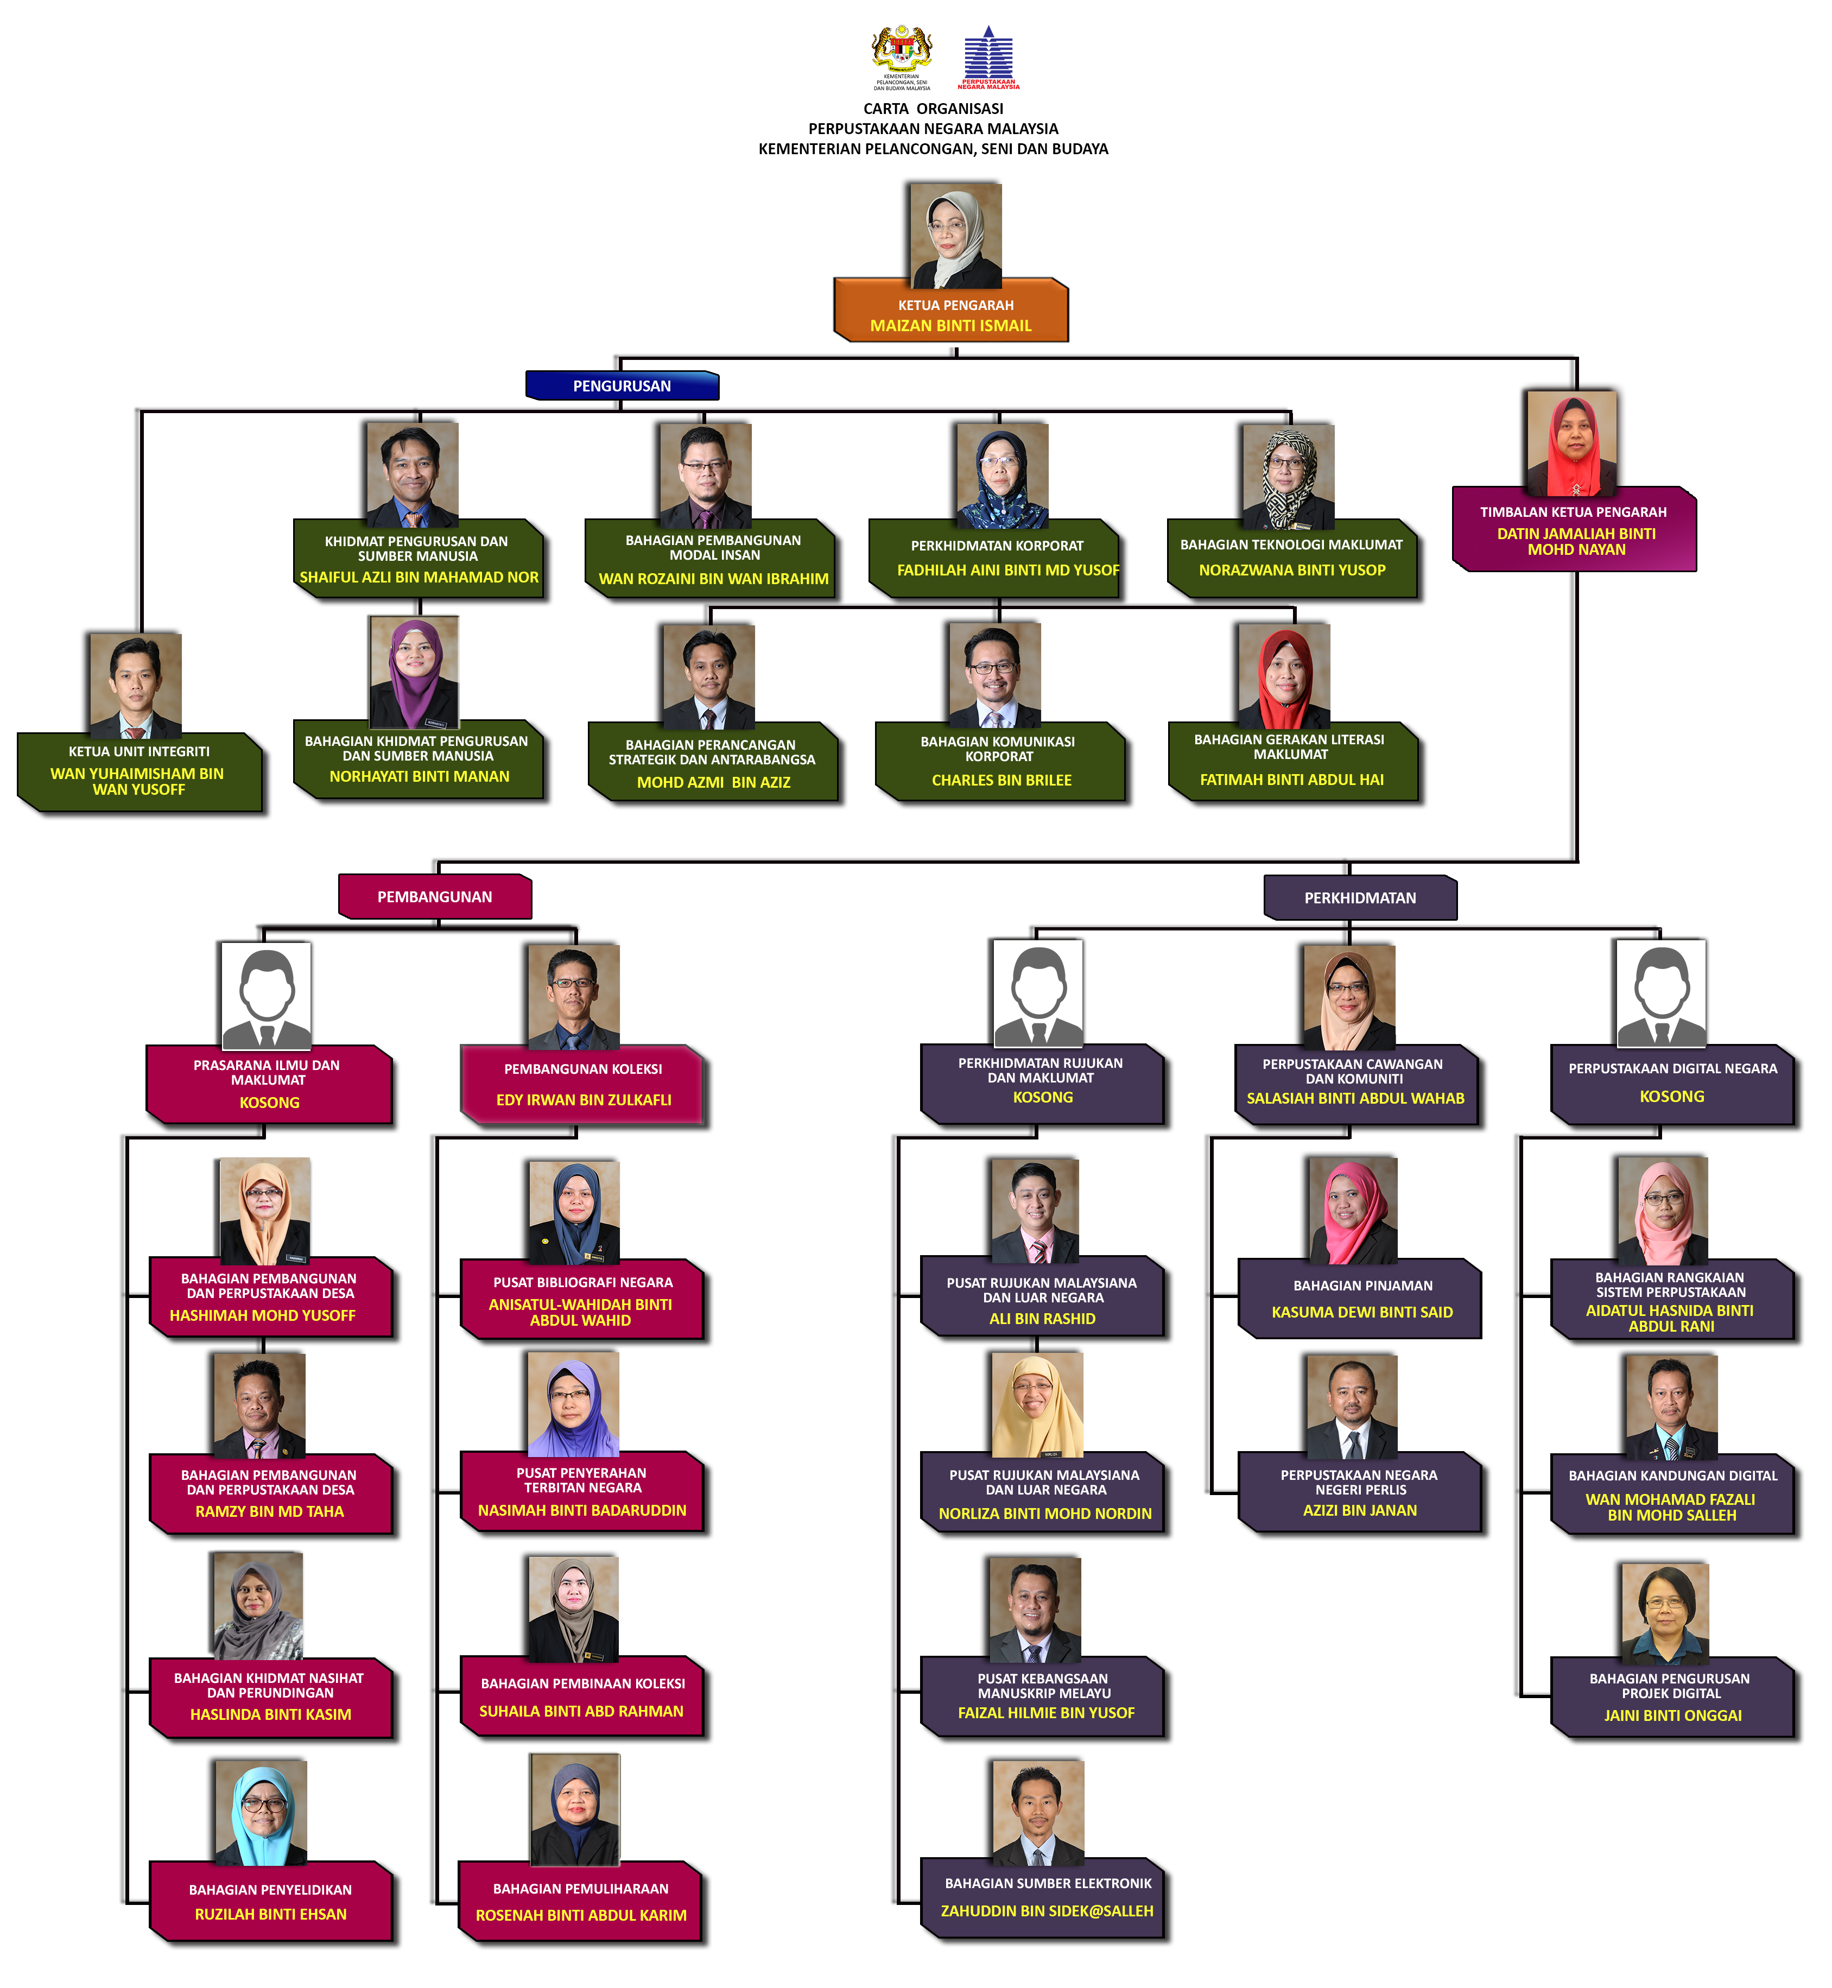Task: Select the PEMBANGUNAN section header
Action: pyautogui.click(x=435, y=896)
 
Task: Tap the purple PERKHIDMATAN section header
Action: pyautogui.click(x=1360, y=897)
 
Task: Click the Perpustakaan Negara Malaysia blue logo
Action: pyautogui.click(x=988, y=58)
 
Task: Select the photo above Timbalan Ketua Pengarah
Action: pyautogui.click(x=1573, y=443)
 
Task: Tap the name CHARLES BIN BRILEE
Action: pyautogui.click(x=1001, y=780)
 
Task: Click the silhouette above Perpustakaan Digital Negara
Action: pyautogui.click(x=1662, y=993)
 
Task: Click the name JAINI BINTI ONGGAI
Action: pyautogui.click(x=1672, y=1715)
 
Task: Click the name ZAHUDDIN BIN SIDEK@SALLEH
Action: pyautogui.click(x=1047, y=1911)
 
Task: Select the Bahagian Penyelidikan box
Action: pyautogui.click(x=271, y=1901)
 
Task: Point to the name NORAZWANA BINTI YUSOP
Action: pyautogui.click(x=1292, y=570)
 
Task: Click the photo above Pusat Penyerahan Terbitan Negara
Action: pyautogui.click(x=574, y=1405)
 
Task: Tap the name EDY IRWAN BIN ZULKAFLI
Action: pyautogui.click(x=584, y=1100)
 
